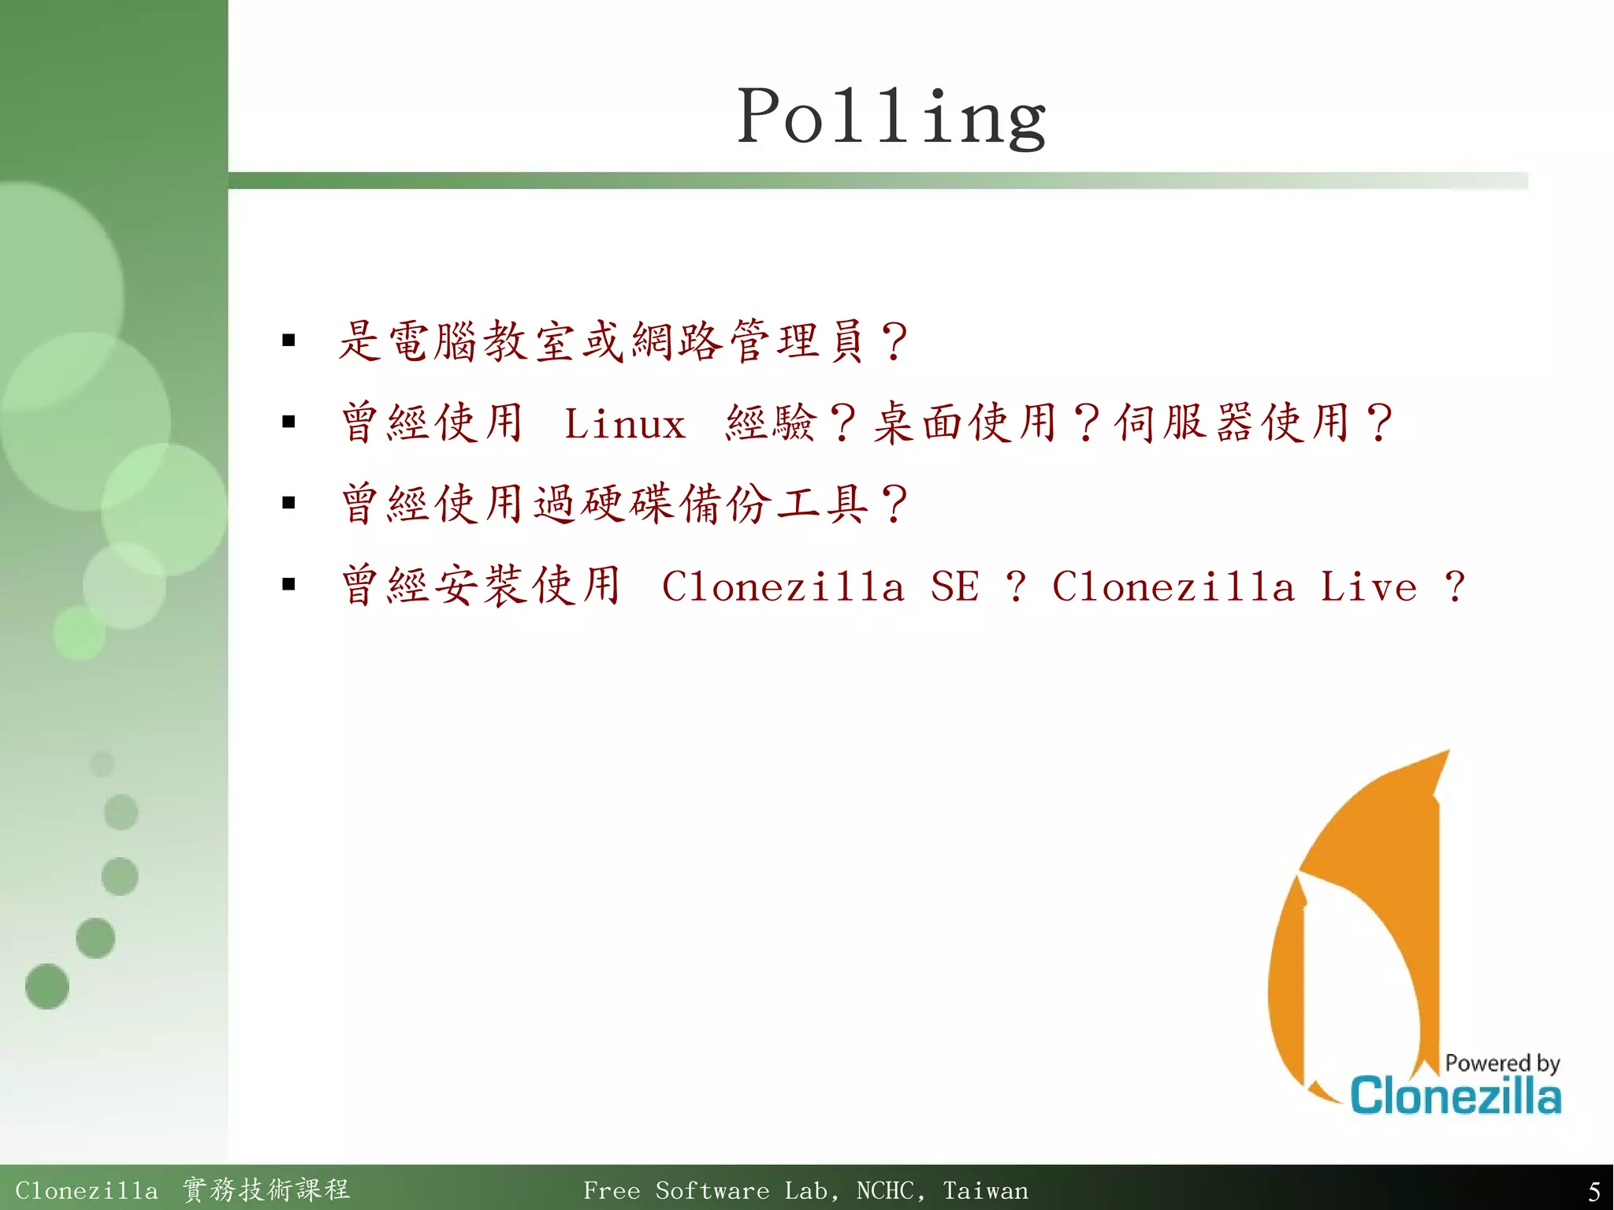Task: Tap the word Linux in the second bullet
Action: pos(624,424)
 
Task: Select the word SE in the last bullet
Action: pos(954,586)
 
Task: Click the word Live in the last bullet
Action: pos(1368,586)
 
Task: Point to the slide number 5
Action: pos(1594,1190)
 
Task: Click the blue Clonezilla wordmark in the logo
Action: pos(1455,1096)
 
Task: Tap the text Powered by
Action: pos(1502,1063)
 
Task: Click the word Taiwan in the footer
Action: pos(985,1190)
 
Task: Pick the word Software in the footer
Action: pos(712,1190)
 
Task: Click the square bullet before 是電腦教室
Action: pos(288,341)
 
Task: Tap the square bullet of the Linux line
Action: pos(288,422)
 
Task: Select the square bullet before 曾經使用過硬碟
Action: pos(288,503)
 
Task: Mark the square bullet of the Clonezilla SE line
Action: pos(288,584)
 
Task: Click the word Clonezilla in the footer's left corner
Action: pos(86,1190)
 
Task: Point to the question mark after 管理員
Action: pos(894,342)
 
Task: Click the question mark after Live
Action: pos(1455,586)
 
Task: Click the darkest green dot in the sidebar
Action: pos(47,986)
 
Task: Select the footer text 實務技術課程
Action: pos(266,1190)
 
